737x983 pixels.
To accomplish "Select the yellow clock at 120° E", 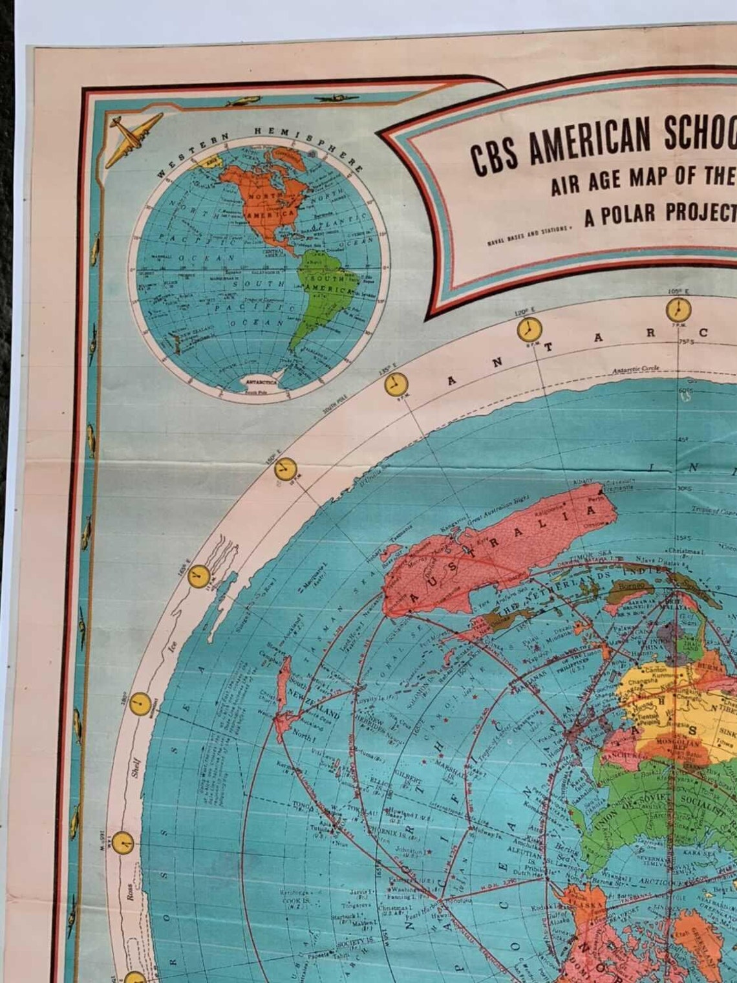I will click(x=528, y=329).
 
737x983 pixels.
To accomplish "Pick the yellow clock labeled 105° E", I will click(x=679, y=307).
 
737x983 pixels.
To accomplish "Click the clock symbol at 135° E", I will click(x=396, y=384).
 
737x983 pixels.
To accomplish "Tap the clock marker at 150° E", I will click(x=285, y=469).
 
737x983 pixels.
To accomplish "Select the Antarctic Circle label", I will click(x=636, y=369).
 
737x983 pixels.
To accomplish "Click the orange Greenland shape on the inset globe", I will click(x=284, y=154).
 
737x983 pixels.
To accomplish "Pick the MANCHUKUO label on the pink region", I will click(x=619, y=753).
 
